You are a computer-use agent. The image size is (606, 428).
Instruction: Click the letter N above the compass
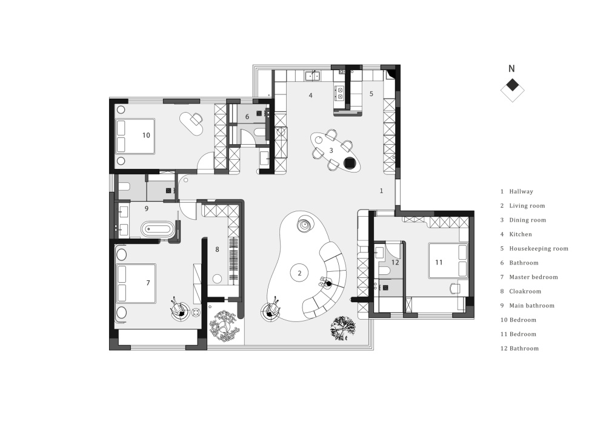[x=511, y=68]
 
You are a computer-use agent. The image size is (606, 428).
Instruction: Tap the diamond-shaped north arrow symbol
[x=512, y=90]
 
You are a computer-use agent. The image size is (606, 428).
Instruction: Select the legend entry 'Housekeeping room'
[x=538, y=249]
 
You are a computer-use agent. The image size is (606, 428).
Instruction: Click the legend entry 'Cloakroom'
[x=525, y=291]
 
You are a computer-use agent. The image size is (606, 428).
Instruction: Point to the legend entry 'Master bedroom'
[x=533, y=277]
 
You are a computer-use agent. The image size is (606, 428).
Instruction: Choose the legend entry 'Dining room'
[x=528, y=220]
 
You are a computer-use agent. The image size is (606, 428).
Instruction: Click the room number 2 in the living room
[x=299, y=273]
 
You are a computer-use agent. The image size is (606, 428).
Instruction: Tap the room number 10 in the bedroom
[x=146, y=135]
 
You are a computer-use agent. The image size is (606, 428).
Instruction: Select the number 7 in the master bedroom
[x=148, y=283]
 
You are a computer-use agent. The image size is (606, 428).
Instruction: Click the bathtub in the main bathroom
[x=158, y=229]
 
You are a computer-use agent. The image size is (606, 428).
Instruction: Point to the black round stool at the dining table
[x=350, y=163]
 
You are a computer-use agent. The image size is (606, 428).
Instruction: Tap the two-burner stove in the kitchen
[x=340, y=93]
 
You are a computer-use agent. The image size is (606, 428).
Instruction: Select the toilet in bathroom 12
[x=384, y=271]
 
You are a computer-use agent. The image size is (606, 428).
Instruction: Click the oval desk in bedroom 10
[x=191, y=123]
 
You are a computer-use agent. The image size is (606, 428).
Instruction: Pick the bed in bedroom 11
[x=448, y=261]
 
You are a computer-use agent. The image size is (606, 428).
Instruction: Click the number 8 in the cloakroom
[x=217, y=249]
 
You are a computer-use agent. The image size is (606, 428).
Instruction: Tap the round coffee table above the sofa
[x=304, y=224]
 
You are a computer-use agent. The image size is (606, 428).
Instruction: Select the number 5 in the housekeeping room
[x=371, y=94]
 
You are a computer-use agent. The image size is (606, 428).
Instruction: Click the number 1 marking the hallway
[x=381, y=191]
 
